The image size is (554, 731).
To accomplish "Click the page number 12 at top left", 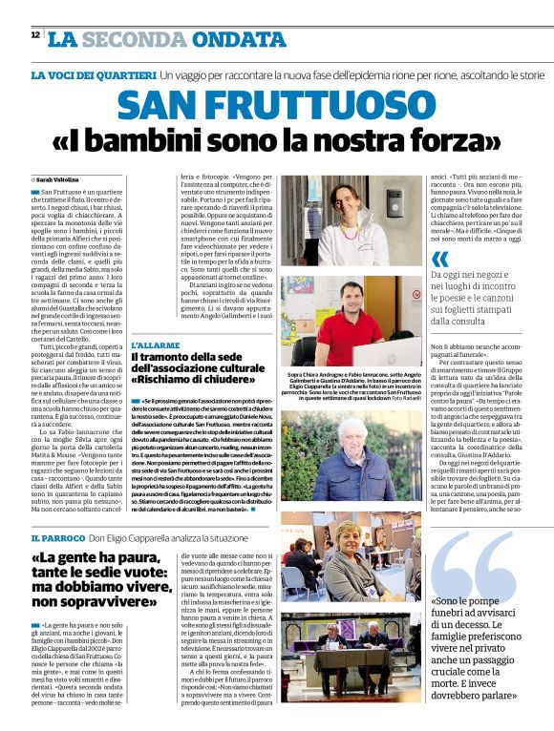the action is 34,34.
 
